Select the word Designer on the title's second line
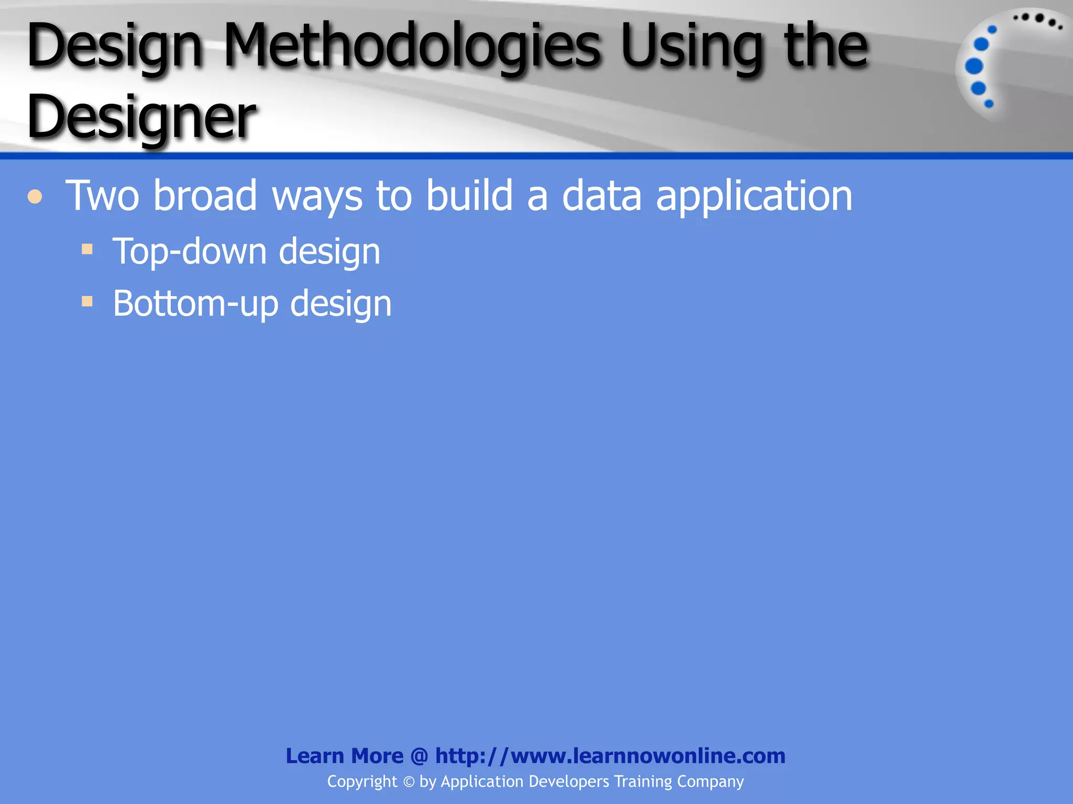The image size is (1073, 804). click(x=141, y=117)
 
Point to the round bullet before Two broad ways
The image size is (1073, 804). click(x=35, y=197)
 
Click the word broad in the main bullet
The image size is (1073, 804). click(x=205, y=196)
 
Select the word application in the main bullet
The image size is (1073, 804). click(x=754, y=197)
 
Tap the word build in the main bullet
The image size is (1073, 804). click(x=469, y=196)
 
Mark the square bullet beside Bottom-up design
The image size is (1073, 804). click(x=87, y=301)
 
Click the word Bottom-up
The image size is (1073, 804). click(x=195, y=304)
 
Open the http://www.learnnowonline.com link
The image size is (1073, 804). click(x=610, y=756)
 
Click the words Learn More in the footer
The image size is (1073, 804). click(x=344, y=756)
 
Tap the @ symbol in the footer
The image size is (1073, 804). click(x=419, y=756)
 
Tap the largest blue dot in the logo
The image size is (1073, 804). click(x=974, y=66)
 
